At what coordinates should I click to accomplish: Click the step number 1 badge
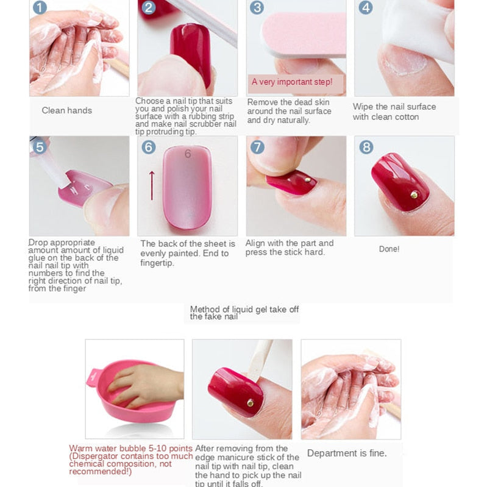click(39, 8)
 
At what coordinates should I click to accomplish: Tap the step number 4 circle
click(366, 8)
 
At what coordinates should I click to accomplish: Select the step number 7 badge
click(257, 147)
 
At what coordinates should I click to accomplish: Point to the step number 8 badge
click(366, 147)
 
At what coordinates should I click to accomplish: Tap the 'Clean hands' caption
click(66, 110)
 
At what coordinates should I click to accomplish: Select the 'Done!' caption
click(389, 249)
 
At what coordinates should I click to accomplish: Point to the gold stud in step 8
click(414, 194)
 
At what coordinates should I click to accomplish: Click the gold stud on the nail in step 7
click(307, 180)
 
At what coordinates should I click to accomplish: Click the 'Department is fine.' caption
click(346, 453)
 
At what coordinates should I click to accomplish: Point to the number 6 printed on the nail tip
click(188, 154)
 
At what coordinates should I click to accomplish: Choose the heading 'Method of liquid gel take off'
click(244, 310)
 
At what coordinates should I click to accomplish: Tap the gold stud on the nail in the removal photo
click(250, 402)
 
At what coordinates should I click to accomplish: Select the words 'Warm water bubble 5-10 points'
click(130, 448)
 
